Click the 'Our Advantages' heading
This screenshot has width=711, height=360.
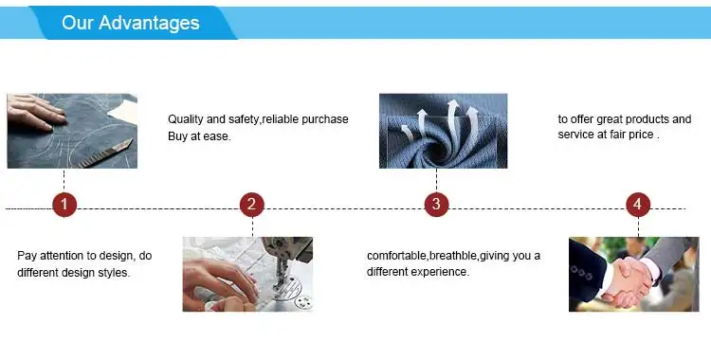131,23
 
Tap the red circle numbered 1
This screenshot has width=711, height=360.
64,205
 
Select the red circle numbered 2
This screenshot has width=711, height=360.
251,205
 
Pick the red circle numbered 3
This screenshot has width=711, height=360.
436,205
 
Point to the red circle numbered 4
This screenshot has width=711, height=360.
638,205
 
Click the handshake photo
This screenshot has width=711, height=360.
634,275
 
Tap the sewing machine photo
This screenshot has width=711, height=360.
247,275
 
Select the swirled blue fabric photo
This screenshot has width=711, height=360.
443,131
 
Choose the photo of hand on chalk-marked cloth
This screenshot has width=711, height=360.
72,131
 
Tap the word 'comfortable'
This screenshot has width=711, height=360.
397,255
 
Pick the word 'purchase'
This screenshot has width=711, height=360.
325,119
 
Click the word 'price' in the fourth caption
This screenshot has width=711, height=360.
641,135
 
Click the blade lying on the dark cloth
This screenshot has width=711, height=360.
105,154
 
